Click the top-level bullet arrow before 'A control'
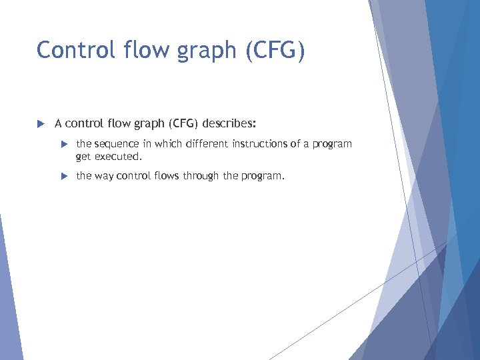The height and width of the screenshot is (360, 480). pos(40,123)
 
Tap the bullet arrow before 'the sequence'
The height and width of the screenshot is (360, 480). pos(64,144)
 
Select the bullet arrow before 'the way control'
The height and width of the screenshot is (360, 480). pos(64,177)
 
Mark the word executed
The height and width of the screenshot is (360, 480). pos(118,157)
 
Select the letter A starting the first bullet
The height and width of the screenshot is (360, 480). pos(59,123)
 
